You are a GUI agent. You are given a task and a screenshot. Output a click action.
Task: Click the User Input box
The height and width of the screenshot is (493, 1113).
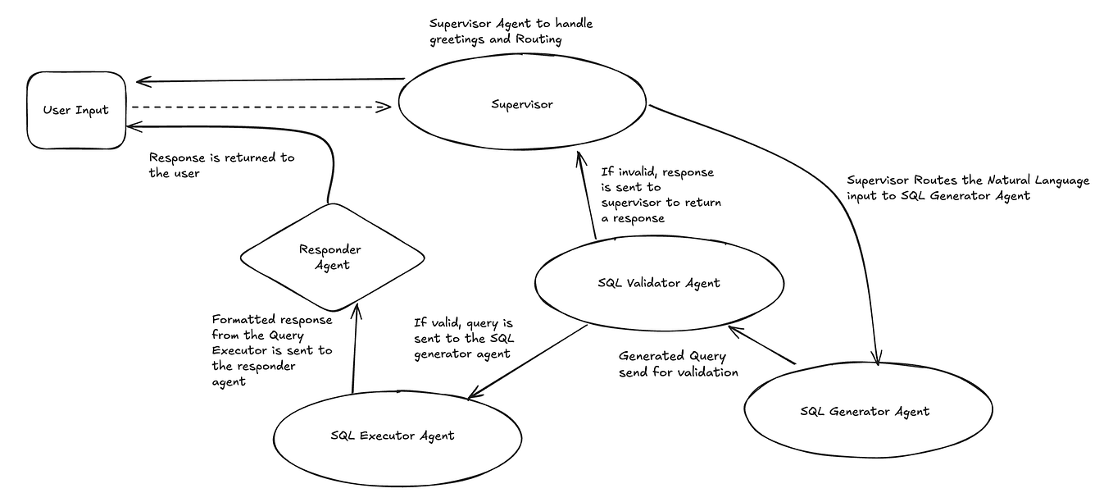click(75, 110)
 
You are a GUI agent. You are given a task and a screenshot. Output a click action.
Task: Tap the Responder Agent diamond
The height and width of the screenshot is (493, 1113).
click(332, 257)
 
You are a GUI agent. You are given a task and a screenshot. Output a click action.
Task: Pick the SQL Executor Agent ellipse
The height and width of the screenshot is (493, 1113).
click(397, 435)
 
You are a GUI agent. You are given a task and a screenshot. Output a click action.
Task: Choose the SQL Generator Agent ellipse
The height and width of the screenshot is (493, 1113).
click(864, 411)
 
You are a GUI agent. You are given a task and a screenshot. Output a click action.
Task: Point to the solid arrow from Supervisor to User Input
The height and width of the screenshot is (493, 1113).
click(270, 80)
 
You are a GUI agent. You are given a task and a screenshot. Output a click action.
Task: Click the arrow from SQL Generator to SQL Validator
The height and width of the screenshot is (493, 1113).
click(762, 345)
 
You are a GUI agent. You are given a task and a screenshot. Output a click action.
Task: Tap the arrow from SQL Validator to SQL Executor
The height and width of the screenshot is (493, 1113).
click(529, 361)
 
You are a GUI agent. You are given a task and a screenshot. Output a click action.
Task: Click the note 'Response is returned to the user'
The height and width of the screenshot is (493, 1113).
click(221, 165)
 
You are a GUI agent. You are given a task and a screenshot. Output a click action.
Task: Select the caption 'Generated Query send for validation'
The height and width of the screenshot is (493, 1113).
click(678, 364)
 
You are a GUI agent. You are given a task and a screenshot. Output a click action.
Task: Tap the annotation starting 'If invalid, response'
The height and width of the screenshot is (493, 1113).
click(661, 194)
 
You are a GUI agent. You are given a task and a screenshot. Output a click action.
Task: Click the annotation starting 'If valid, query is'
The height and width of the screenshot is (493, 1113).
click(464, 338)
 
